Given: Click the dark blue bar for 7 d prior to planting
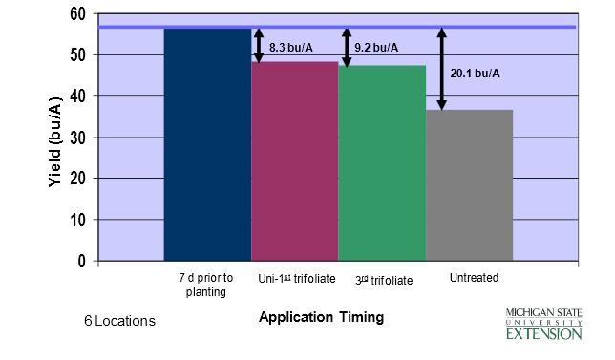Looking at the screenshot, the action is click(207, 143).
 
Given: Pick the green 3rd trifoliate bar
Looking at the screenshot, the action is click(382, 162).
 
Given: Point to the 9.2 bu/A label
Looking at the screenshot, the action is click(376, 47).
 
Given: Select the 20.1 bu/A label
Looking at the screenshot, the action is click(475, 73).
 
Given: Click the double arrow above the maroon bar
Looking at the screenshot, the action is click(259, 45).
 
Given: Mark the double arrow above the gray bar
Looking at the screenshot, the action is click(441, 69).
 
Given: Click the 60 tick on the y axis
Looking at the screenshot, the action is click(77, 15).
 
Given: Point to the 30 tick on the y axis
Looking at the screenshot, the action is click(77, 138).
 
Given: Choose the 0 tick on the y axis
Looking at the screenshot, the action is click(81, 261).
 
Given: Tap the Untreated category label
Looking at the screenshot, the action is click(474, 278).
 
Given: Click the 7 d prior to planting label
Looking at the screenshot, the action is click(205, 285).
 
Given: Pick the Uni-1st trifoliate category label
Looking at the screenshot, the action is click(297, 280).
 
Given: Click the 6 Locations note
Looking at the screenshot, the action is click(118, 321).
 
